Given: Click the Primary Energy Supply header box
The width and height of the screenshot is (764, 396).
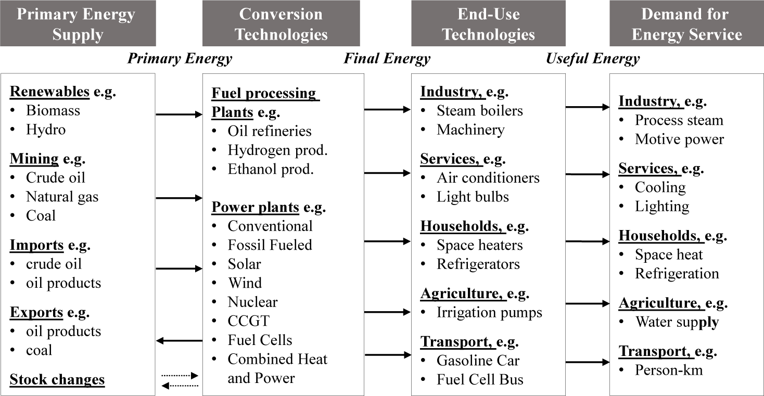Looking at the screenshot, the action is [x=78, y=23].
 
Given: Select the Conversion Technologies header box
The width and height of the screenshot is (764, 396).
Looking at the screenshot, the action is [x=281, y=23].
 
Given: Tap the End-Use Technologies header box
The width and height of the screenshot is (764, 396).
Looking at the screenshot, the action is [x=488, y=23].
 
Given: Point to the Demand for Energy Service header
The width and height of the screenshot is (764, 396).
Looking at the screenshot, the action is [x=686, y=23].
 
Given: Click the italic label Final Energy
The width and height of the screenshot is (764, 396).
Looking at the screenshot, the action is [x=387, y=59].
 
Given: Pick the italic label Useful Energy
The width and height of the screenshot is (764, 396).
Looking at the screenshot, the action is [x=593, y=59].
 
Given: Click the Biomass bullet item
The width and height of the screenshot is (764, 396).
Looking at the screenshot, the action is [x=53, y=110].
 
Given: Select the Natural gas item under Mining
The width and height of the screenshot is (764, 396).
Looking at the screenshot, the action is [x=62, y=197].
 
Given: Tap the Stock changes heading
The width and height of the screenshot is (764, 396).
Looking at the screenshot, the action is [x=57, y=379].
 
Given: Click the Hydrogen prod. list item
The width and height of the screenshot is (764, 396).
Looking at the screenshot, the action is [x=277, y=150].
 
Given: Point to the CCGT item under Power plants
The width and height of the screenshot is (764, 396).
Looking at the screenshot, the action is [x=249, y=321].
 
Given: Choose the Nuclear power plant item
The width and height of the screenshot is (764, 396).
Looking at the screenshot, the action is [x=253, y=302].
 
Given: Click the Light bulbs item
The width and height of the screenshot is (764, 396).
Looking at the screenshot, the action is [x=473, y=197].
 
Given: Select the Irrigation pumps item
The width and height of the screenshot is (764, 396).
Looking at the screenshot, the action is [x=489, y=312].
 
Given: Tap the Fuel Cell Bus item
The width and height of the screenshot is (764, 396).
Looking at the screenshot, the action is [x=480, y=379].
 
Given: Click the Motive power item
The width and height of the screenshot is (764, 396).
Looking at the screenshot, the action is [x=679, y=139].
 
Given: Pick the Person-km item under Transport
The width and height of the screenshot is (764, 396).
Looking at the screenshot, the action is [x=669, y=370].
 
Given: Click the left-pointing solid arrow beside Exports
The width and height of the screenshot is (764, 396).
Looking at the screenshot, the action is [x=179, y=340].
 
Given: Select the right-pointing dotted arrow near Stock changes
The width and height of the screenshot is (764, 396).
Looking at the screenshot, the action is [x=180, y=376].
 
